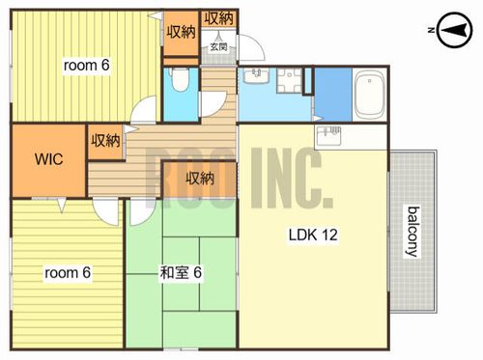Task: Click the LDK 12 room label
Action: click(313, 235)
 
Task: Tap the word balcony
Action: click(413, 232)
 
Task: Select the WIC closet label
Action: click(49, 159)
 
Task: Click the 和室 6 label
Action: click(181, 273)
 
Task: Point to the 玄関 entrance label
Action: click(219, 47)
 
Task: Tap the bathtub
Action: click(369, 95)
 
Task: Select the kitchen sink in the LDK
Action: click(328, 136)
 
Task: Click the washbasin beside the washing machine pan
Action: click(256, 76)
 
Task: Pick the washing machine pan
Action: click(290, 80)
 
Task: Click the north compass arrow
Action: click(454, 30)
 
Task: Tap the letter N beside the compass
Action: click(431, 30)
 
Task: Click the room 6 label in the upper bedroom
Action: click(87, 66)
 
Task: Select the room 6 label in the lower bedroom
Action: click(68, 273)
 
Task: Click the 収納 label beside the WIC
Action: click(105, 140)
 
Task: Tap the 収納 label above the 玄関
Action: click(219, 17)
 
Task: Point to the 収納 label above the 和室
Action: click(200, 178)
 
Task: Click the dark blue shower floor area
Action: click(333, 95)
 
